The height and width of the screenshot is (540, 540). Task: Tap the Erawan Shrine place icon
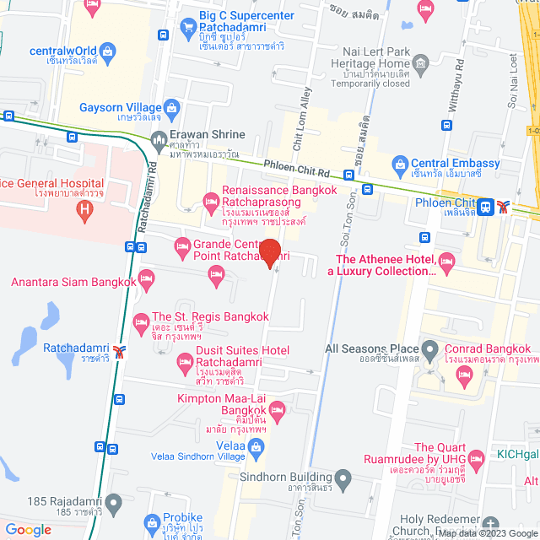(x=158, y=140)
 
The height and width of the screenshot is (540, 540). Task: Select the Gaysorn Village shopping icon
(x=173, y=108)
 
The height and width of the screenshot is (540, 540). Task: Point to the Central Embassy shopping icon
(x=399, y=164)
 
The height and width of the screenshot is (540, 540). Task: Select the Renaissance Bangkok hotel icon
(x=210, y=199)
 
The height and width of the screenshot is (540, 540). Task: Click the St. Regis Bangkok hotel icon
(x=141, y=321)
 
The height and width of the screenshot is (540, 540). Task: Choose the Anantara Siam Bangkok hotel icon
(x=147, y=278)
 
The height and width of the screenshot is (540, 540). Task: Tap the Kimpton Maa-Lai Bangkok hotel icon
(x=279, y=409)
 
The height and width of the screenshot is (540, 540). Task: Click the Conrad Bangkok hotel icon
(x=462, y=376)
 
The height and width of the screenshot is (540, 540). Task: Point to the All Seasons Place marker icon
(x=430, y=348)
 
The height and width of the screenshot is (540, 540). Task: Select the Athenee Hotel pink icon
(x=446, y=265)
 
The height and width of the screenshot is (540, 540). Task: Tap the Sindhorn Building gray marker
(x=342, y=478)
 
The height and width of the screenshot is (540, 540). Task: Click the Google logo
(x=28, y=529)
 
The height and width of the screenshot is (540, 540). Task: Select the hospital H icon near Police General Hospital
(x=82, y=211)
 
